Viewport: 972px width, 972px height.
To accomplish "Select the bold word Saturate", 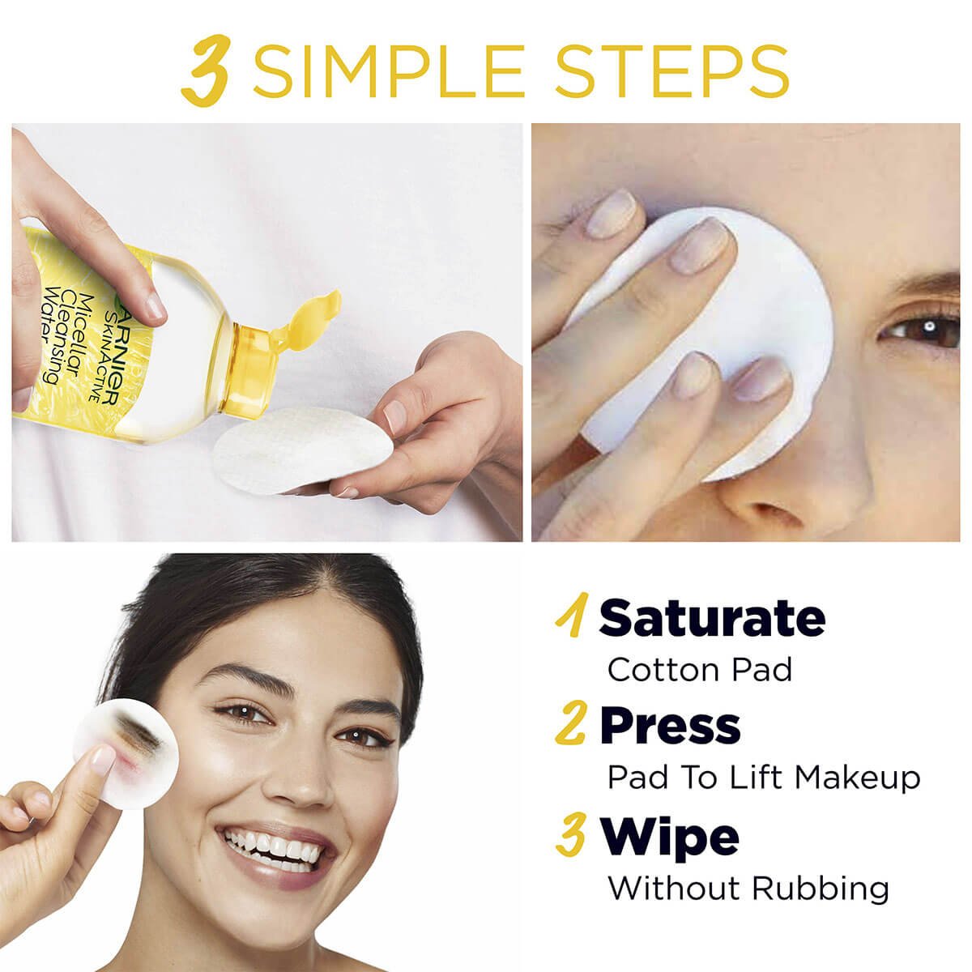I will point(712,618).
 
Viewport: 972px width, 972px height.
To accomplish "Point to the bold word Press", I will point(670,726).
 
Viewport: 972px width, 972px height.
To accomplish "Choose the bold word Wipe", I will point(669,836).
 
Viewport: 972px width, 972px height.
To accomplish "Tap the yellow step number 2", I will point(572,726).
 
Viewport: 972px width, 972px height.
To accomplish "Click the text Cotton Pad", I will point(699,670).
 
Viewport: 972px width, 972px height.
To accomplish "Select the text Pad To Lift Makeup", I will point(764,778).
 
